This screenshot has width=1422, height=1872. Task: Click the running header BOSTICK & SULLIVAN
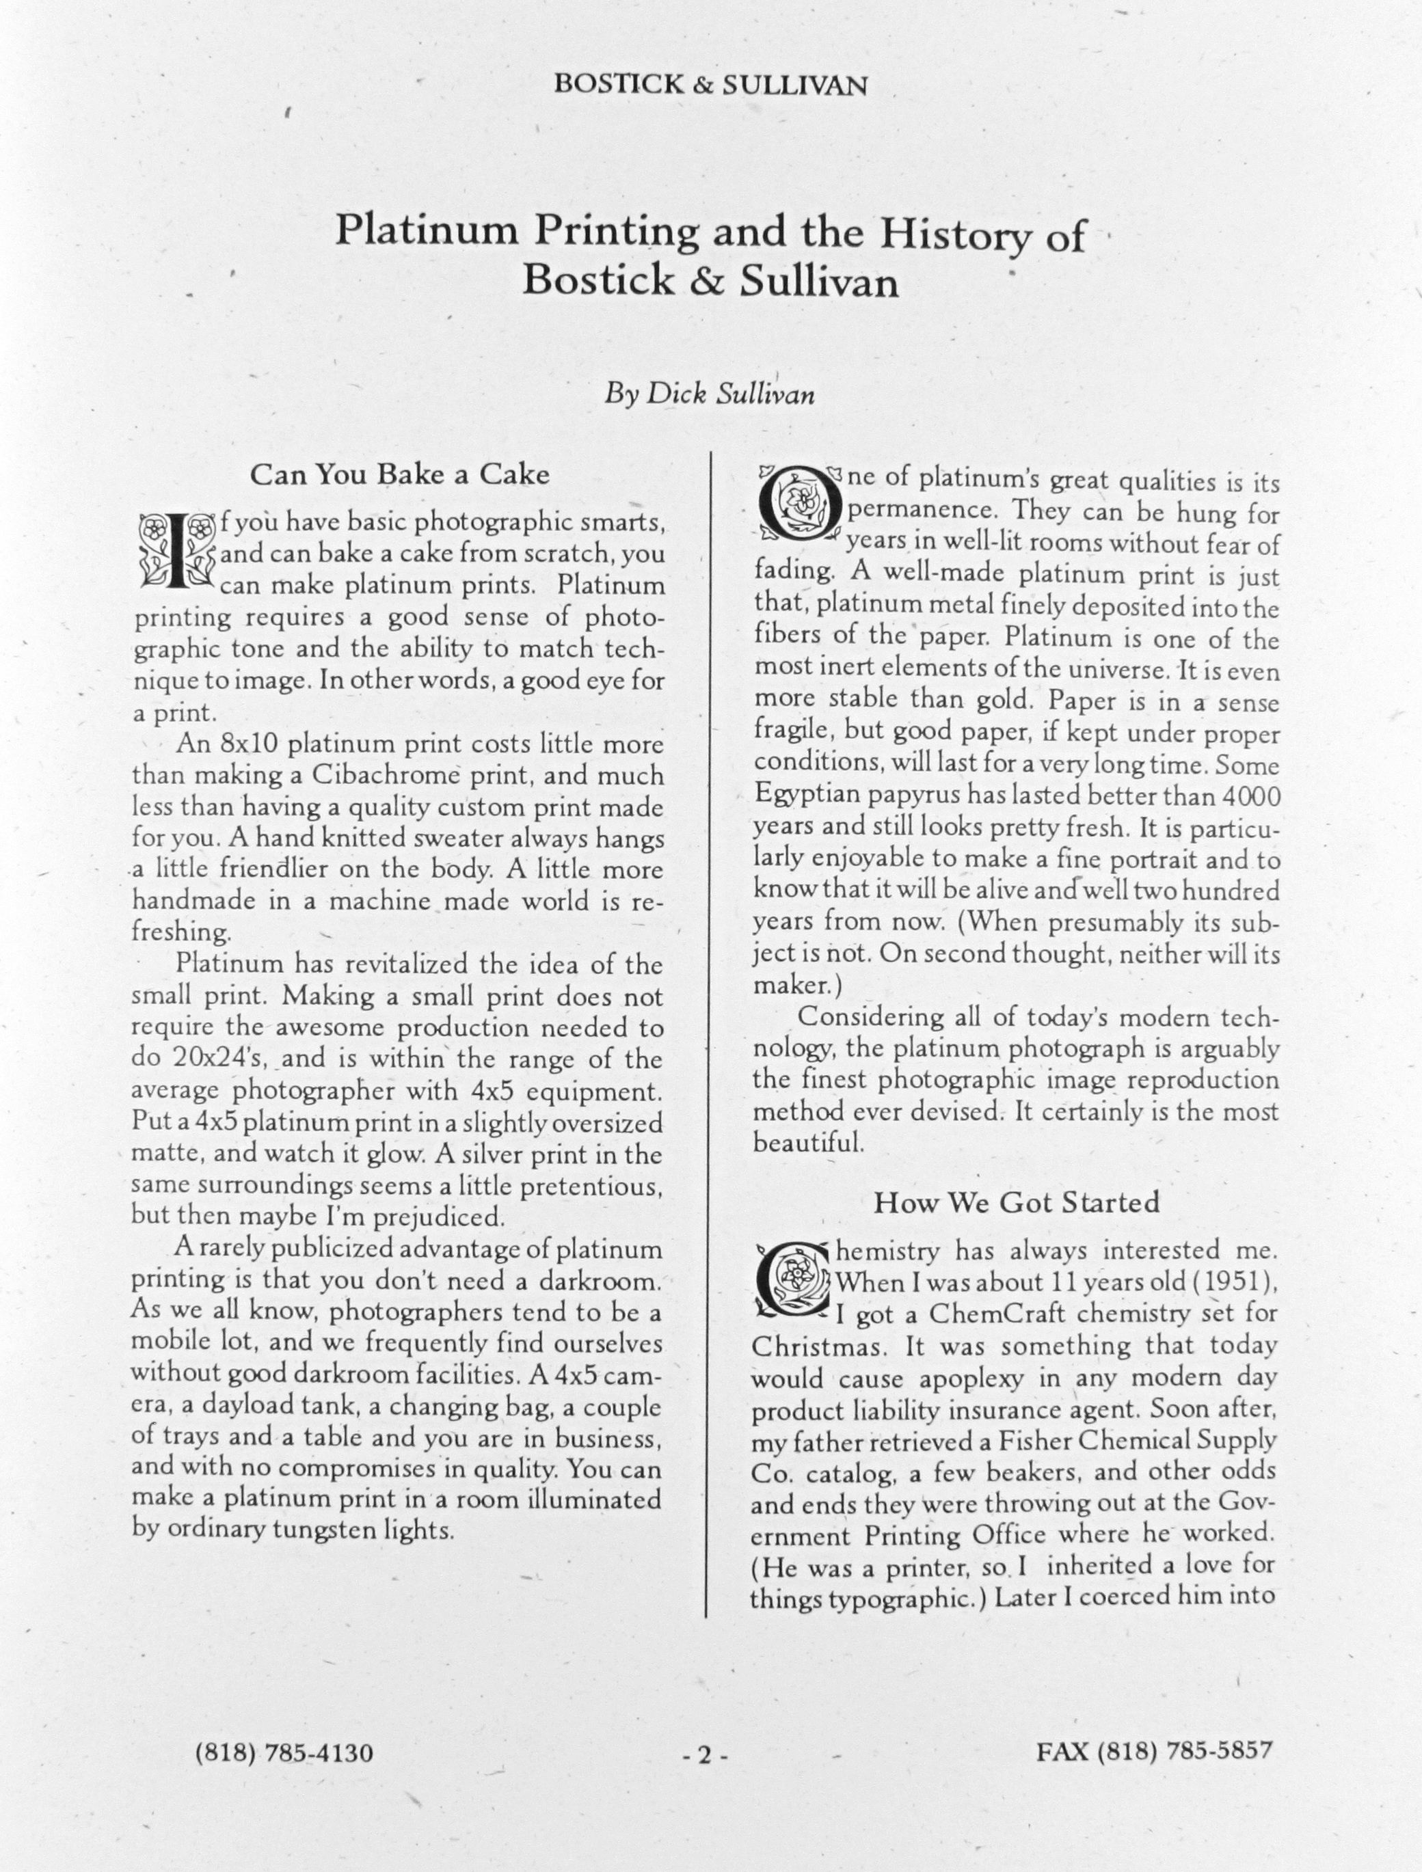(710, 85)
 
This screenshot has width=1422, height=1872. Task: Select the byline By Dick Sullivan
(710, 394)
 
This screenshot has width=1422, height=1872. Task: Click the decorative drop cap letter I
(176, 551)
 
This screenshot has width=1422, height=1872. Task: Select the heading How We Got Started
(1016, 1203)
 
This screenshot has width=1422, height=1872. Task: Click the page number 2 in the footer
(704, 1756)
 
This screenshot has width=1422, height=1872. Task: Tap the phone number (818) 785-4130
(284, 1752)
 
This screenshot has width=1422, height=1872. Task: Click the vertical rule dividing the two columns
(707, 1016)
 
